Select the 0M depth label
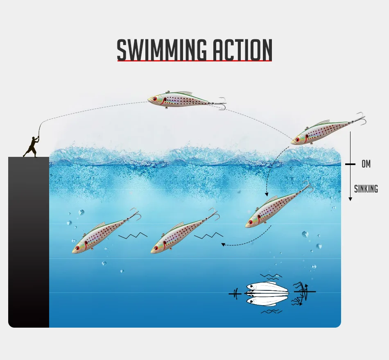point(366,164)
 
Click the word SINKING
point(366,189)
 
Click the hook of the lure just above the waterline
point(360,119)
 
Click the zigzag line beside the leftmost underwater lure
point(133,236)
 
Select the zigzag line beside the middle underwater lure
point(209,236)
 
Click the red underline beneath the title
point(194,61)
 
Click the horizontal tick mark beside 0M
point(350,164)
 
